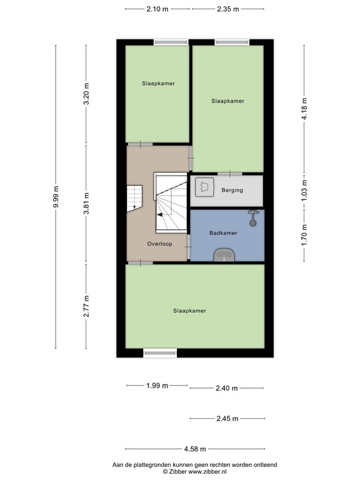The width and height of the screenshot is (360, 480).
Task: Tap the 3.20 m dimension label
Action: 87,94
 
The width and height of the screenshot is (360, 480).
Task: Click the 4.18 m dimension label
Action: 304,109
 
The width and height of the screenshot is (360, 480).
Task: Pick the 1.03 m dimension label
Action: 304,190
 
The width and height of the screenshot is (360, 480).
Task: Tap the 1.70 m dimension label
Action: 304,235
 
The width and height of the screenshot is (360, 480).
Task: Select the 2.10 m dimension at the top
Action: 157,9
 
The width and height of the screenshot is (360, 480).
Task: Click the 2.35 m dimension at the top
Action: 228,9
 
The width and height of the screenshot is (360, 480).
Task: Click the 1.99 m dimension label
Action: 157,386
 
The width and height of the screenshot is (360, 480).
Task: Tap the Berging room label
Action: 232,191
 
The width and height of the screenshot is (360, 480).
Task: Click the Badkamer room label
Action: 223,232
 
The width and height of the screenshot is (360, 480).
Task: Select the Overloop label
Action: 159,244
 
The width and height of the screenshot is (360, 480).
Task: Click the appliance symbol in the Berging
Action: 204,187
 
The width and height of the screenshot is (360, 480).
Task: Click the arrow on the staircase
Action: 161,214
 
